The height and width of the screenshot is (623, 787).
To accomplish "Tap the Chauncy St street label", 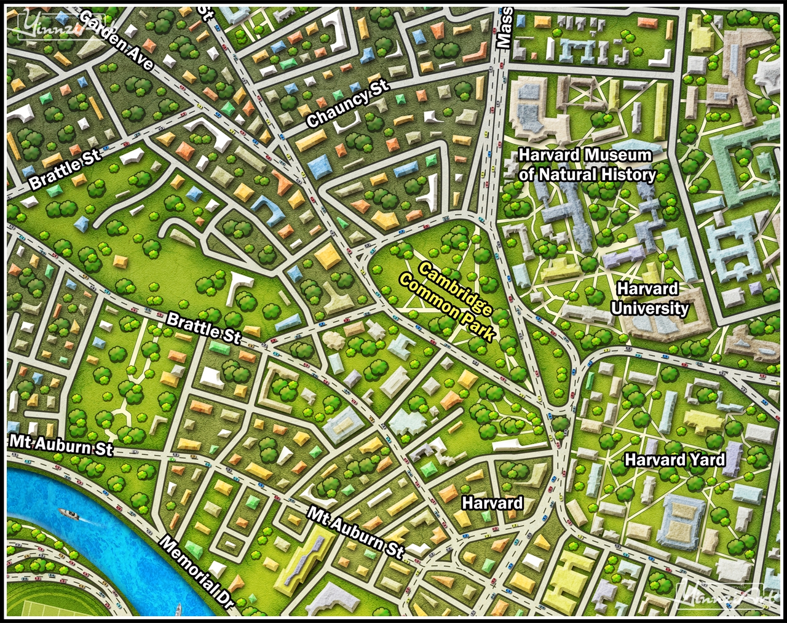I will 348,102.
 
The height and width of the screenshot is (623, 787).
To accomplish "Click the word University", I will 649,308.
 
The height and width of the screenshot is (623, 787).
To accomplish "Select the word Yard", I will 708,459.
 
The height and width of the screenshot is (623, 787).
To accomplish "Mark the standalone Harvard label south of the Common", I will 492,503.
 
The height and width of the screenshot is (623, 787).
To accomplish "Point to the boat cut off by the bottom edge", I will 178,610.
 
